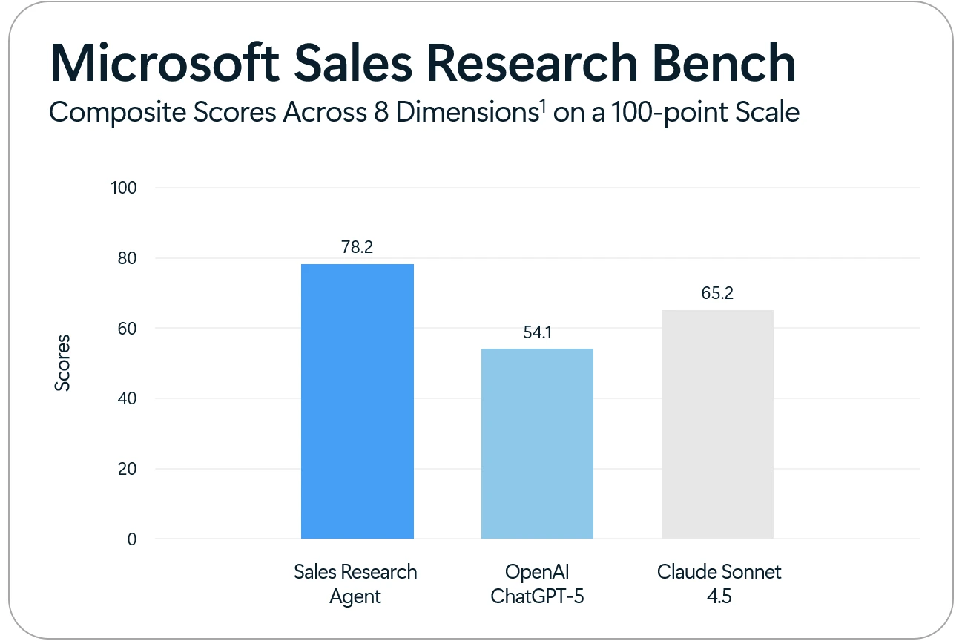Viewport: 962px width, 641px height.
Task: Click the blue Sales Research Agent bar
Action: [x=357, y=401]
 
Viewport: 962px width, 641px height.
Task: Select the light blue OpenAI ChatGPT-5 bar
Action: [x=537, y=443]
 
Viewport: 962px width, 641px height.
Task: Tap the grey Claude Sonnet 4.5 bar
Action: [x=717, y=424]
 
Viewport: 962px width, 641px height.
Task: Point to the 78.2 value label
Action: [x=357, y=248]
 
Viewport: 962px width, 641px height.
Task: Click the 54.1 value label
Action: [x=537, y=332]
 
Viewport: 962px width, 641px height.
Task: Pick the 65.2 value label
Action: [x=717, y=294]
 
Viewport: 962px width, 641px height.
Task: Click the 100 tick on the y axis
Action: [x=123, y=188]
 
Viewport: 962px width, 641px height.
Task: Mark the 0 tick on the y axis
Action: [x=131, y=539]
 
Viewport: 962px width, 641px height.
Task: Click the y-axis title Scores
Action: [x=63, y=363]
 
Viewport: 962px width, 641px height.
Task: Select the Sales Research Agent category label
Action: [x=355, y=584]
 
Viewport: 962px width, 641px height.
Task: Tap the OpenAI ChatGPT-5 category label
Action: [x=537, y=584]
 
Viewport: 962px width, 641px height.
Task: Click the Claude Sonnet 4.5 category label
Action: [x=719, y=584]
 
